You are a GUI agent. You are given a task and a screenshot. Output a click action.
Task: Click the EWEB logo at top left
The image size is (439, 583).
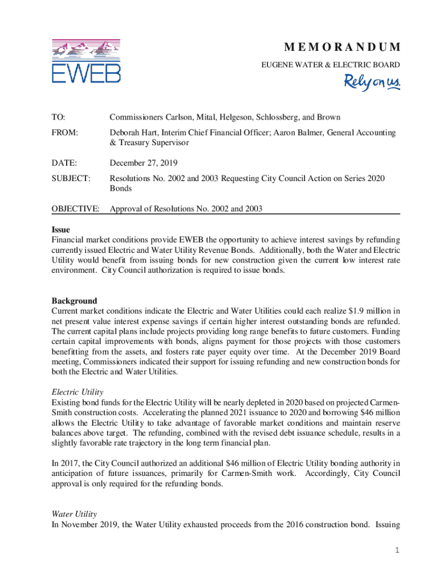point(86,61)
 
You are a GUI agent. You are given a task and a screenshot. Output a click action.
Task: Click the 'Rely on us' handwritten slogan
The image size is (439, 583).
point(372,82)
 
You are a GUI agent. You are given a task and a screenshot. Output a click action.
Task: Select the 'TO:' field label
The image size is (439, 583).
point(58,117)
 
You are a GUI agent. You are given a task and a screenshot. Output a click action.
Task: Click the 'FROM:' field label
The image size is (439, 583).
point(64,133)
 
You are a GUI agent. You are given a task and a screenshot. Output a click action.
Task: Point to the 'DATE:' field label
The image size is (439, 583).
point(63,163)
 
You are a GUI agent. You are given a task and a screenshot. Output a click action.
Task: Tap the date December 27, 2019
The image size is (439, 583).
point(144,163)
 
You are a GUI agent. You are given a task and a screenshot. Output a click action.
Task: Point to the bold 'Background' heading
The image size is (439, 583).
point(74,301)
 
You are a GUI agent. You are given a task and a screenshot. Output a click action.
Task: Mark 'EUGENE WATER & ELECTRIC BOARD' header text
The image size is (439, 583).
point(331,65)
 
